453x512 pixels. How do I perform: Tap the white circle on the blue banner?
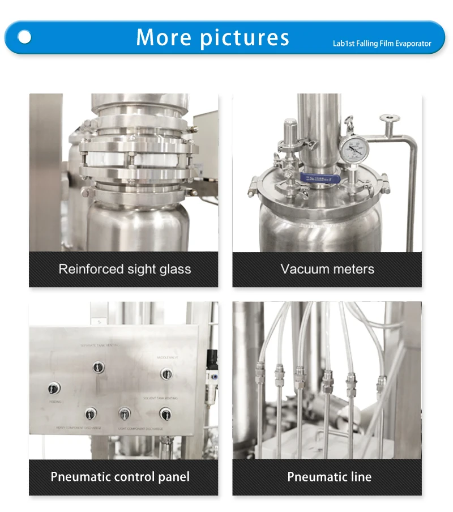[24, 37]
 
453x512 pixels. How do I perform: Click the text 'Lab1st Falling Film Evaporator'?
[382, 44]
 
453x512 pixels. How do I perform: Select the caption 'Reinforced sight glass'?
[125, 269]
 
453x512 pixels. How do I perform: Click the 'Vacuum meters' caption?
[327, 269]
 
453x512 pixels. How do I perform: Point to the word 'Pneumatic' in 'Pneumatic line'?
[312, 476]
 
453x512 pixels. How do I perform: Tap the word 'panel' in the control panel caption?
[173, 476]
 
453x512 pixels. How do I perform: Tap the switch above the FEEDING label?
[54, 388]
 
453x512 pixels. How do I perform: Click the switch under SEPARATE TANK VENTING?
[99, 367]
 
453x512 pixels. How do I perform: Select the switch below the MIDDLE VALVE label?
[166, 373]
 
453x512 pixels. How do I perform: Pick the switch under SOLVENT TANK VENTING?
[165, 413]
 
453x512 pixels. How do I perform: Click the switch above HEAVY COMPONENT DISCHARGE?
[91, 413]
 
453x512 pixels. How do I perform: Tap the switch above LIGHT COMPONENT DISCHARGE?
[125, 413]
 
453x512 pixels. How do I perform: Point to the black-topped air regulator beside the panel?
[212, 358]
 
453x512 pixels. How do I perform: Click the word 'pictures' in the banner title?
[245, 37]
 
